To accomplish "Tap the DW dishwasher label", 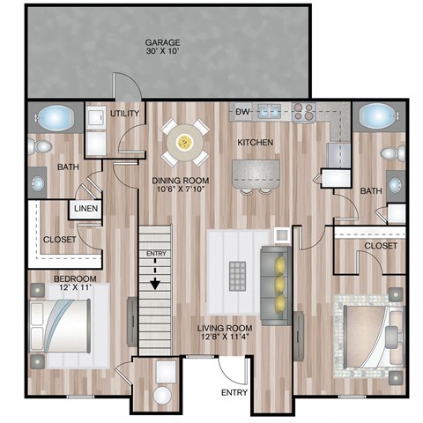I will pyautogui.click(x=243, y=111).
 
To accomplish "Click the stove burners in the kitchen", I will pyautogui.click(x=303, y=111).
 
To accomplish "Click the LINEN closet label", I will pyautogui.click(x=85, y=209).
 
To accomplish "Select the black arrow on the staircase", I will pyautogui.click(x=154, y=283).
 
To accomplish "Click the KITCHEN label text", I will pyautogui.click(x=255, y=142).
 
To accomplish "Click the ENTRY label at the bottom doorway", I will pyautogui.click(x=234, y=392).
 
